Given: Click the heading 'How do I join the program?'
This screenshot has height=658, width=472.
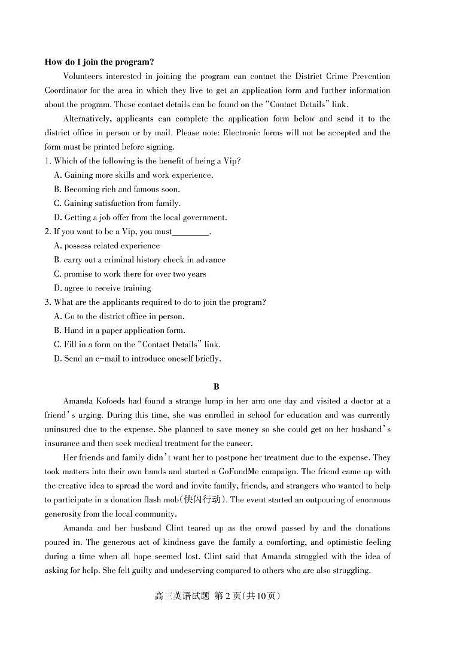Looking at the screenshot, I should point(99,62).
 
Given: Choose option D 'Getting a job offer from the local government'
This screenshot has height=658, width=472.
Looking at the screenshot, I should point(140,217).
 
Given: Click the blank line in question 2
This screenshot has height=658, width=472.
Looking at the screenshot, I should point(191,232).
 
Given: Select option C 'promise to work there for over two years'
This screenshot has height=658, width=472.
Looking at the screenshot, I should point(130,274).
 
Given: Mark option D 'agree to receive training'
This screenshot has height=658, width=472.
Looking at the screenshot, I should point(102,288).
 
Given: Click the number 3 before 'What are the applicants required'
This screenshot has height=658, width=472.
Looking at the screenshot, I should point(47,302).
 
